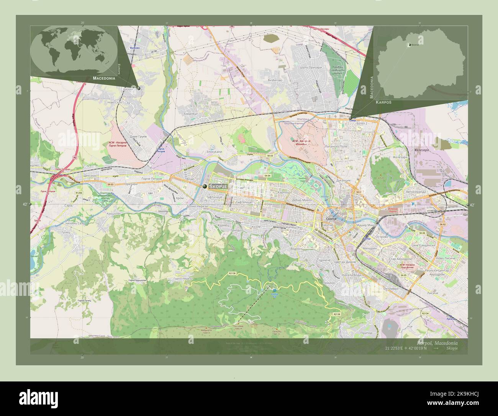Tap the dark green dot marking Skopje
click(205, 186)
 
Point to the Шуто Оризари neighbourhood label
click(306, 68)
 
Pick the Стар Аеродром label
click(400, 259)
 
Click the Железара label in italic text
click(421, 150)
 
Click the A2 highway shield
click(75, 158)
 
